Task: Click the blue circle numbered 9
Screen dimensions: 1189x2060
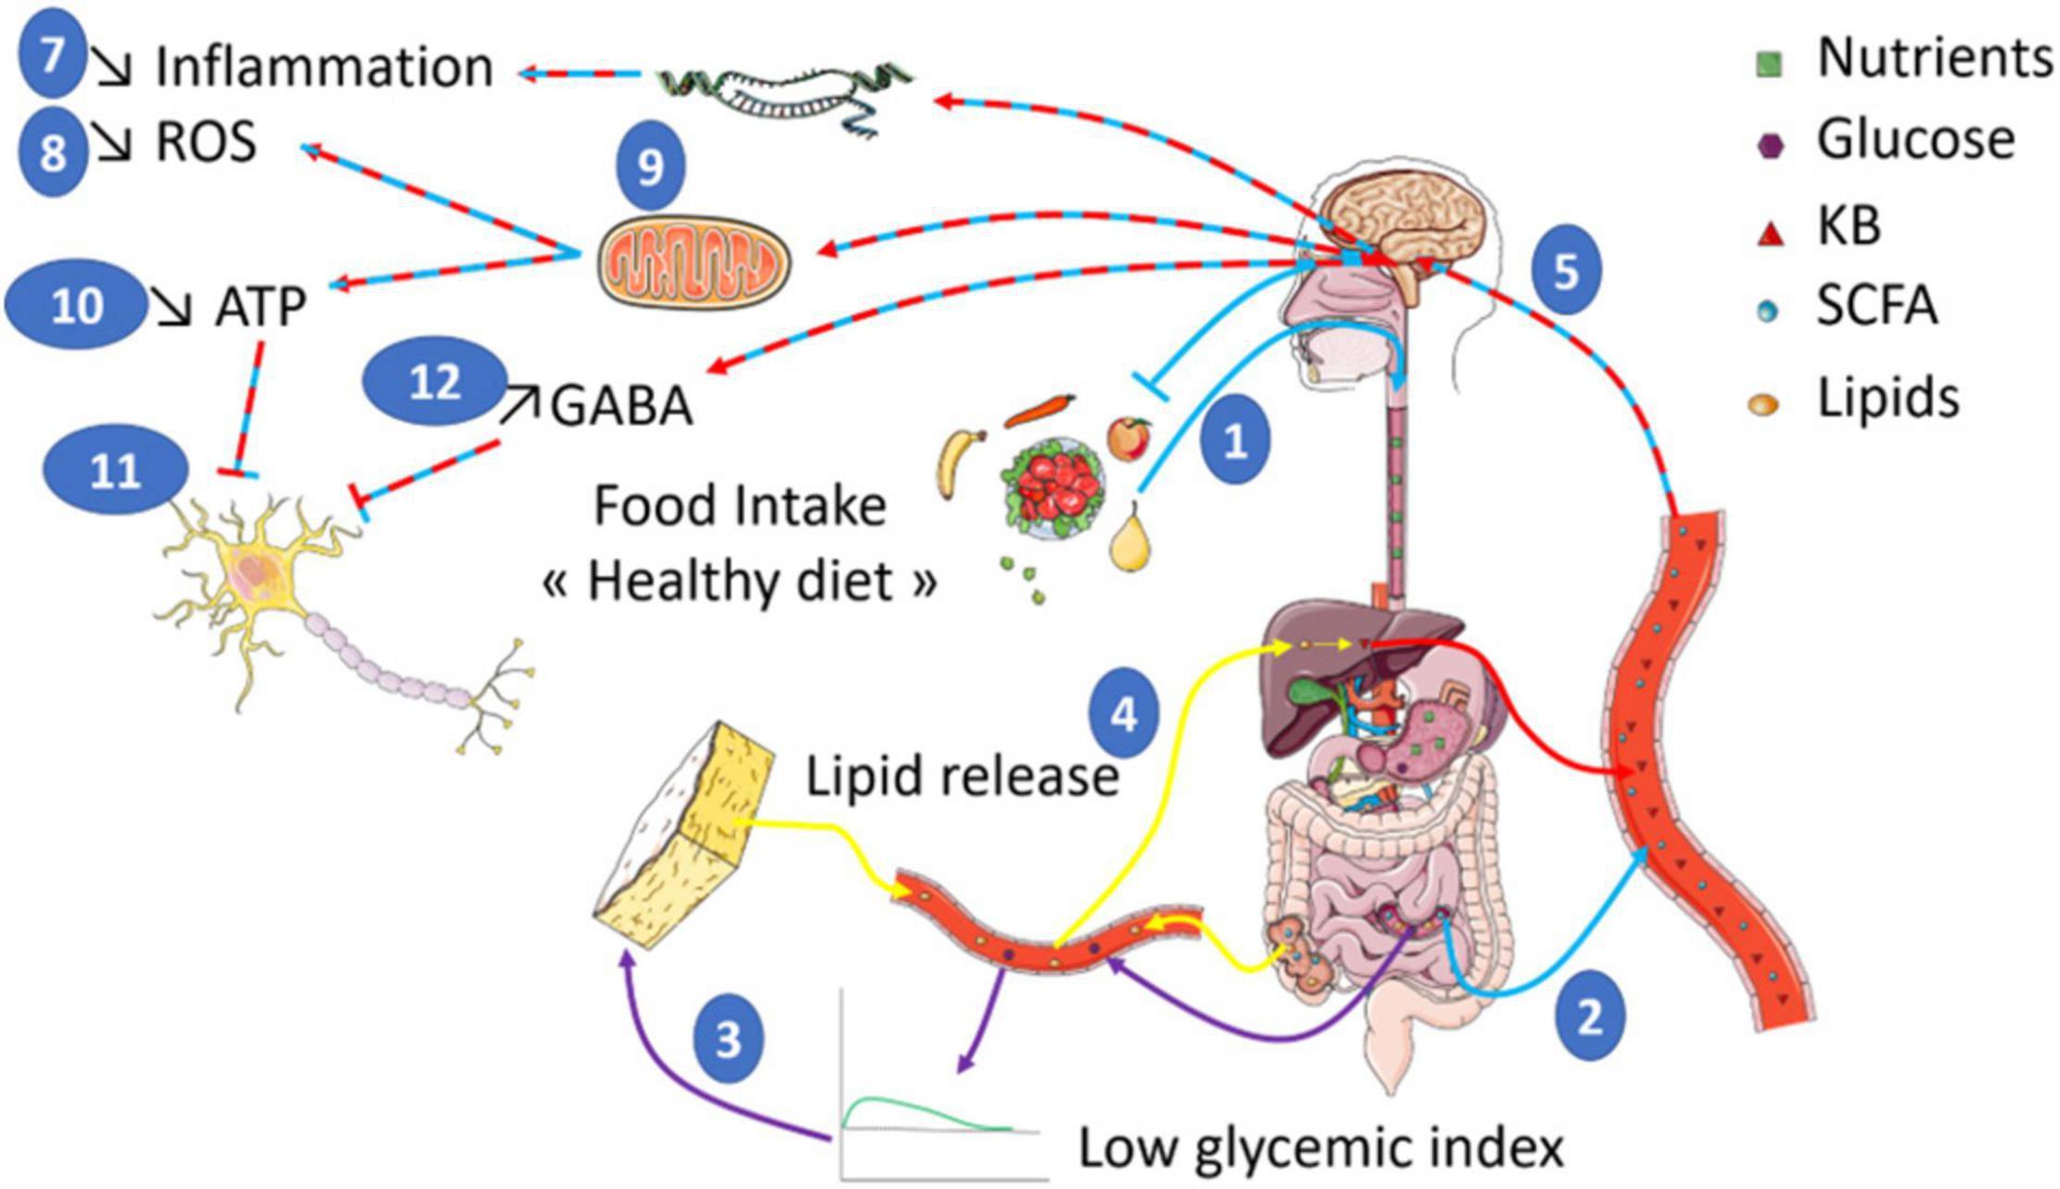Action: click(x=650, y=166)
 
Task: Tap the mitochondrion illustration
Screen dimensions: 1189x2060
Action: click(x=693, y=260)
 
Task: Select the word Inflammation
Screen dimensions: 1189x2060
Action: click(x=324, y=67)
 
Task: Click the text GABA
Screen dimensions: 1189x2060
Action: click(x=621, y=406)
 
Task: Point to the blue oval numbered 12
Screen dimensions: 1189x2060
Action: click(x=435, y=381)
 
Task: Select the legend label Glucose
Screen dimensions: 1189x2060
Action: click(x=1915, y=141)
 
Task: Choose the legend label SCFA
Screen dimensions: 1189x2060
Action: click(x=1876, y=306)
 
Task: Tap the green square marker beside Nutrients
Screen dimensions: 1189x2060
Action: click(x=1769, y=64)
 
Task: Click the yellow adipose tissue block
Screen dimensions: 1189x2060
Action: click(x=684, y=832)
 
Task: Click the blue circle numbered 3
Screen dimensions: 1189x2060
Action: click(x=729, y=1038)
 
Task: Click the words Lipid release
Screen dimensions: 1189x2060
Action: click(x=962, y=778)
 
